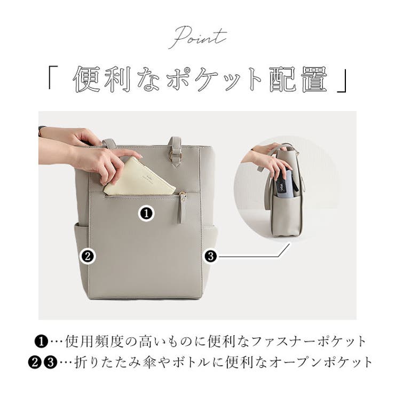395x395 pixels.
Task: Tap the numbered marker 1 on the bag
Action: tap(146, 214)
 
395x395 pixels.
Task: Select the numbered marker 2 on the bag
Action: tap(88, 256)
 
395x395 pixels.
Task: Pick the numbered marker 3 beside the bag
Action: tap(211, 256)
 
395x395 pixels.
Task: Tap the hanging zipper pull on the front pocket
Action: tap(180, 209)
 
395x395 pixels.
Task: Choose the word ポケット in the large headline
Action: tap(215, 79)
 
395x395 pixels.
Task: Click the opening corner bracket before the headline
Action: tap(53, 77)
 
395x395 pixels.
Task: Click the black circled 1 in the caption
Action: tap(42, 342)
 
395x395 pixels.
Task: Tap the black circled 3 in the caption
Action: tap(51, 362)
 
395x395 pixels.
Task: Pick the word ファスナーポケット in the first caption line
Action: tap(309, 342)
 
